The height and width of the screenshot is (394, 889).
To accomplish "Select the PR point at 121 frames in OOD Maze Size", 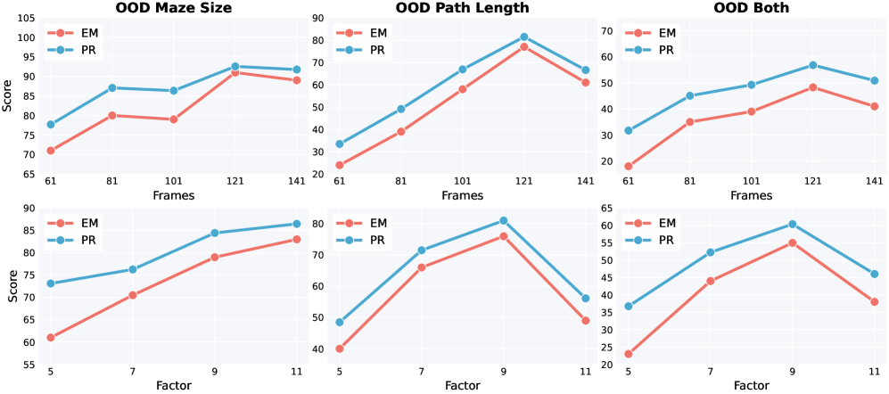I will coord(235,67).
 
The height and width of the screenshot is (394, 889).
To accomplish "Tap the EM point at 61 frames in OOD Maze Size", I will coord(51,151).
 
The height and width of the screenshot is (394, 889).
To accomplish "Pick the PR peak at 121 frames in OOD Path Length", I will coord(523,37).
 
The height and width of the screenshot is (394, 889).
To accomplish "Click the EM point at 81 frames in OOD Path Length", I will coord(401,131).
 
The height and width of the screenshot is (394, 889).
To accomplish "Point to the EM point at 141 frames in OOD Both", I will coord(875,106).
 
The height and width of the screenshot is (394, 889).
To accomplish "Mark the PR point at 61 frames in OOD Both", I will coord(629,130).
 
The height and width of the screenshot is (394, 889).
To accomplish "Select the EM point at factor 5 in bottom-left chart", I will coord(51,338).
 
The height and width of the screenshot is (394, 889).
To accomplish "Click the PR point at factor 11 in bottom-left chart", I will coord(296,224).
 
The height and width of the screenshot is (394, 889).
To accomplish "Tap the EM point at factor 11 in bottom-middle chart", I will coord(585,320).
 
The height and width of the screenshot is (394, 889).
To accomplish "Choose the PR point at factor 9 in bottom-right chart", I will coord(793,224).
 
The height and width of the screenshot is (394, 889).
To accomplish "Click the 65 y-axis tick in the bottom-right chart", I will coord(607,209).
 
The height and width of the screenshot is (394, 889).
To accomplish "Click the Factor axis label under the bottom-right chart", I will coord(751,386).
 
